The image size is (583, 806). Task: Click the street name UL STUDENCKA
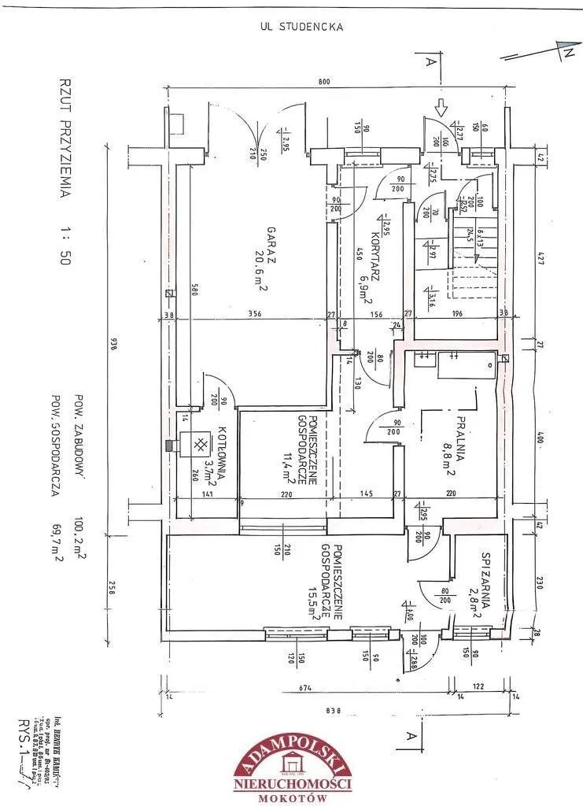301,26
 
